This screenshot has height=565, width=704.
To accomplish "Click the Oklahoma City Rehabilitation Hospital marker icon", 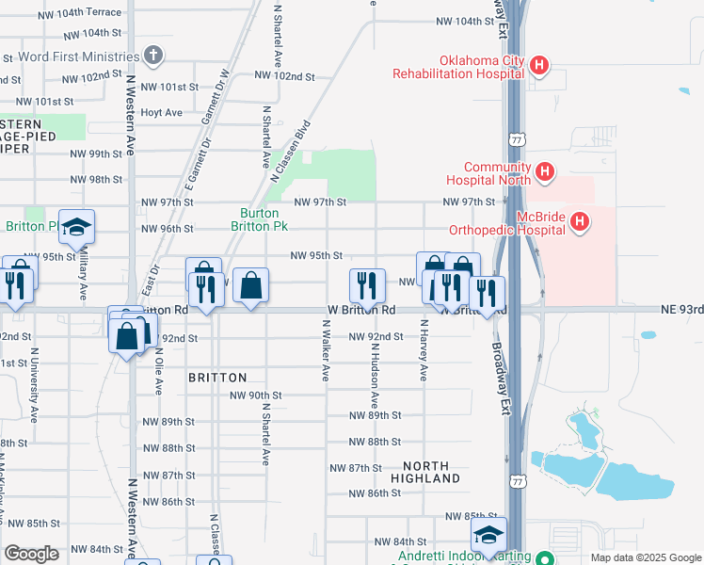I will (x=539, y=65).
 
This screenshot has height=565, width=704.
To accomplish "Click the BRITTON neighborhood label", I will (x=217, y=377).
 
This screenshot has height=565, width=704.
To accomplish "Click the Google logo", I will (x=32, y=554).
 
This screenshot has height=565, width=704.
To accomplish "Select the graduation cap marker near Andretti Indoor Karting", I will (x=488, y=535).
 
